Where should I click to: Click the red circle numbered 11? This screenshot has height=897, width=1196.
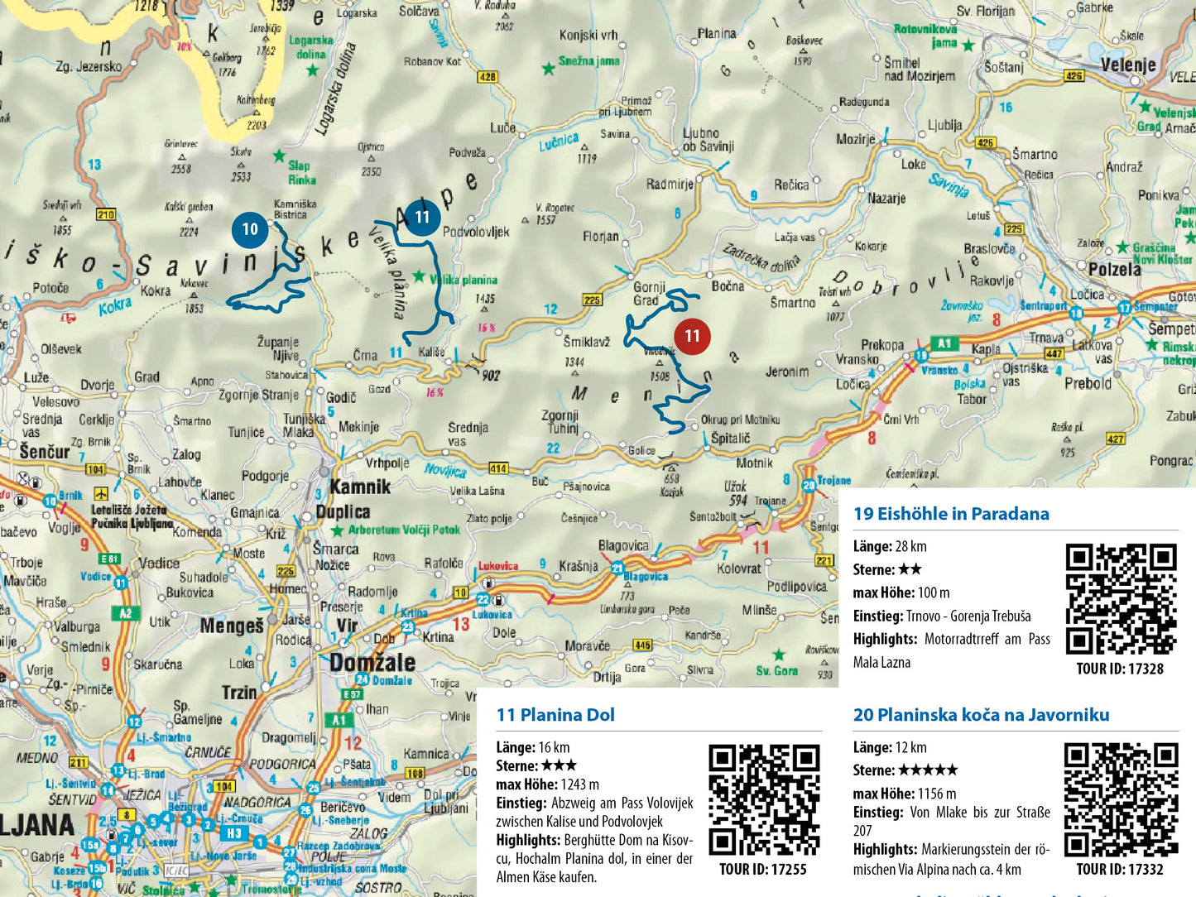click(x=692, y=336)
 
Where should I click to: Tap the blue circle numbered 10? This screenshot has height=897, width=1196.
click(x=250, y=229)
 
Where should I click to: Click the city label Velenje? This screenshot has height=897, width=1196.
click(x=1127, y=65)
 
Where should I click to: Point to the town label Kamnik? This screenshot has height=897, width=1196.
click(x=360, y=487)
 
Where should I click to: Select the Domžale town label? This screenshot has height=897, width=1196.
click(x=372, y=662)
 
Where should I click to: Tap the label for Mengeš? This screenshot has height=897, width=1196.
click(x=232, y=626)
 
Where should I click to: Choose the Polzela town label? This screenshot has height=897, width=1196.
click(x=1115, y=269)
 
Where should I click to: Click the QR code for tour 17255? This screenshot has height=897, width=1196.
click(x=764, y=799)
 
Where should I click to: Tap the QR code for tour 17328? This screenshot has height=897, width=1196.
click(x=1121, y=598)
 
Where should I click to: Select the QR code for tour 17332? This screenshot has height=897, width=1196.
click(x=1121, y=799)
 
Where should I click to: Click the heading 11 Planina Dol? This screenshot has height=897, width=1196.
click(x=555, y=715)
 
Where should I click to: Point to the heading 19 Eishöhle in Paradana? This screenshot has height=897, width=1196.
click(x=951, y=514)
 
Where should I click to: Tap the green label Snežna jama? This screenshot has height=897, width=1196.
click(x=588, y=61)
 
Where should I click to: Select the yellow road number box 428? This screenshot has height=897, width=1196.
click(x=488, y=77)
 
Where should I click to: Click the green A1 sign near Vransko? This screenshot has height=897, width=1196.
click(x=944, y=343)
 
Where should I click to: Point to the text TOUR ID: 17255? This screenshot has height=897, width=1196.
click(x=762, y=869)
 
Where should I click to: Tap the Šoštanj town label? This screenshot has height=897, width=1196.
click(x=1003, y=67)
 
